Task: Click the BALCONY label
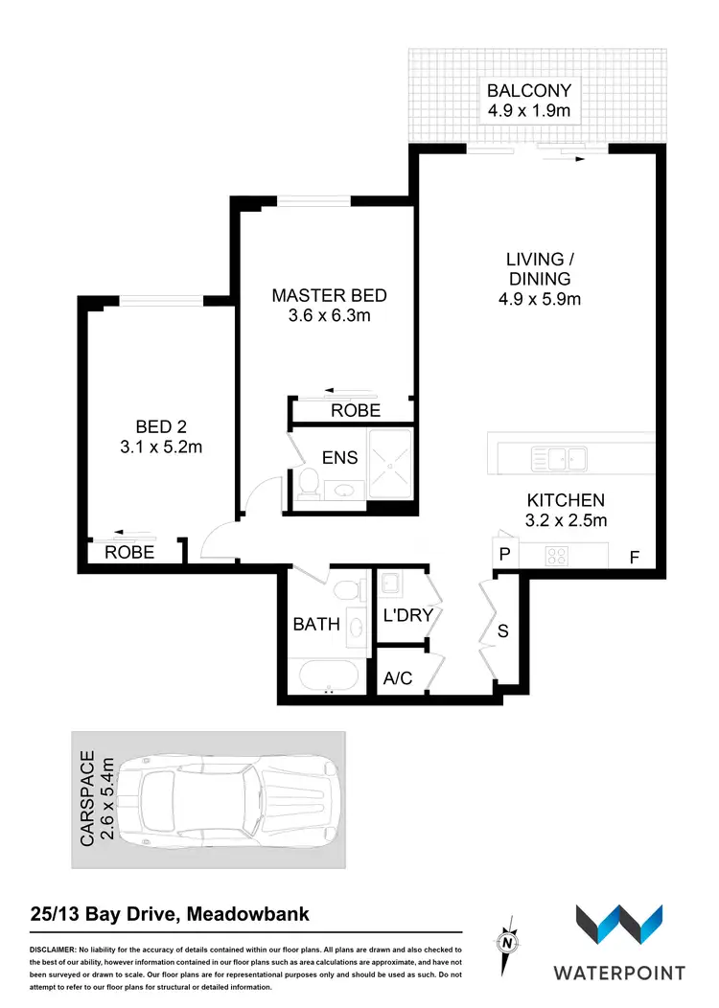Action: click(529, 91)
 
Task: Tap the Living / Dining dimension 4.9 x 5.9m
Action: click(539, 300)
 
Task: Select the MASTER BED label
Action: click(329, 295)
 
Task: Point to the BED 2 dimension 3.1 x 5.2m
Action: click(160, 447)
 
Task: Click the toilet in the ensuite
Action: click(309, 483)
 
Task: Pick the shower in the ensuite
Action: click(390, 464)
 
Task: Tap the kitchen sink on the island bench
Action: click(562, 460)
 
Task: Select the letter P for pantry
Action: click(502, 554)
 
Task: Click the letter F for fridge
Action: click(634, 556)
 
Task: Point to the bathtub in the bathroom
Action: click(327, 676)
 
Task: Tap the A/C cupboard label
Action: click(397, 678)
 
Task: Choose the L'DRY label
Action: click(407, 615)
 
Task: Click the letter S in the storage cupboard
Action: click(502, 630)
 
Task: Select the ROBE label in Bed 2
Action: click(129, 553)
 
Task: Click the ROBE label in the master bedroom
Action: click(356, 411)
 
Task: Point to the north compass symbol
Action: click(507, 942)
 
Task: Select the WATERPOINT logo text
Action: click(618, 973)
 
